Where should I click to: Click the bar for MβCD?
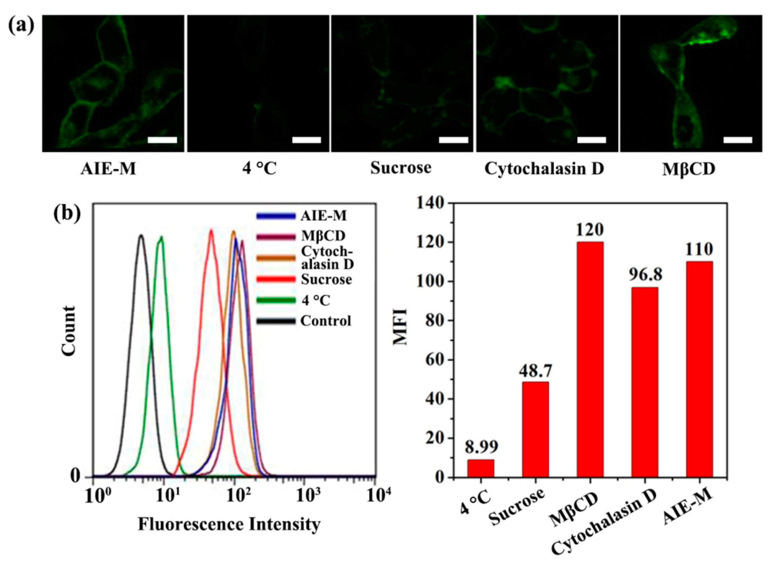click(590, 359)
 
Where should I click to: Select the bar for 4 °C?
click(480, 468)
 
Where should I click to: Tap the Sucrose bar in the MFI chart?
click(535, 429)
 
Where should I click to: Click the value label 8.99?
click(481, 447)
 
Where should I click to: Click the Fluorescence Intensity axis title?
click(229, 524)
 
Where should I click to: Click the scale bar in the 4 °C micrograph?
click(307, 140)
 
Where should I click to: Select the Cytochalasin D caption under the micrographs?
click(544, 169)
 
